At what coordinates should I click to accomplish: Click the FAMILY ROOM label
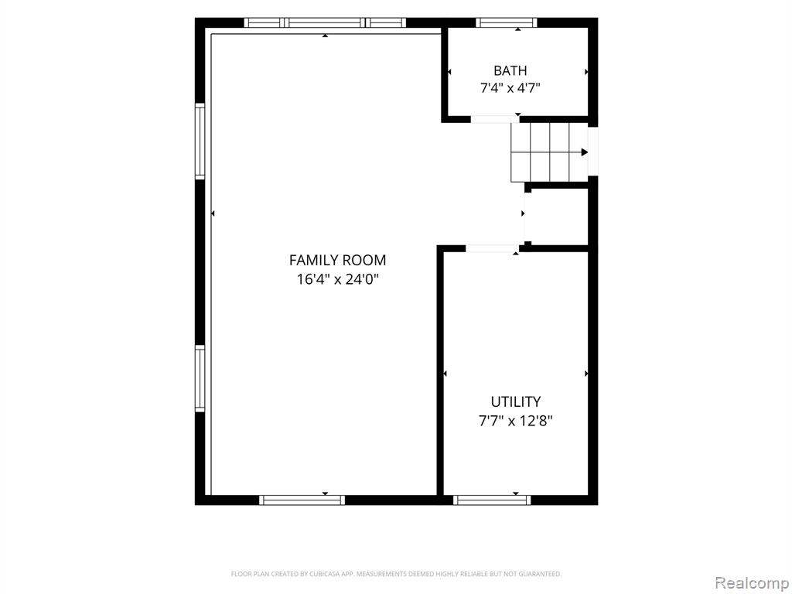(337, 260)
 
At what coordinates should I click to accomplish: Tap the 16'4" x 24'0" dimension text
(337, 278)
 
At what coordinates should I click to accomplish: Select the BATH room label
(510, 70)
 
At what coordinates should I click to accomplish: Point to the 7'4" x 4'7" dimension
(510, 88)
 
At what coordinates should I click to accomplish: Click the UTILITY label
(516, 401)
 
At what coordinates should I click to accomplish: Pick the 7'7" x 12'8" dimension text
(516, 421)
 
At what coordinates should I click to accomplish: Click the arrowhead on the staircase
(585, 152)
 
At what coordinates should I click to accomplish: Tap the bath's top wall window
(506, 22)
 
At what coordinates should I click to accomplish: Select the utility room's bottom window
(492, 500)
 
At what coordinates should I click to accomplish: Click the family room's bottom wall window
(302, 500)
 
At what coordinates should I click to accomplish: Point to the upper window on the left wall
(200, 141)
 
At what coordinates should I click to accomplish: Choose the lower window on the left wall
(200, 379)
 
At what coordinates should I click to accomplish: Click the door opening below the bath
(495, 119)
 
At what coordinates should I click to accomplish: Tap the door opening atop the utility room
(492, 248)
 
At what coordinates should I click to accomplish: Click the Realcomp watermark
(752, 583)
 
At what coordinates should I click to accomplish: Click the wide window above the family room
(325, 22)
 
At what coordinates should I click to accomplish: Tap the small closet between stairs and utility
(557, 217)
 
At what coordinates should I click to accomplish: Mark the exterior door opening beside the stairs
(593, 151)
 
